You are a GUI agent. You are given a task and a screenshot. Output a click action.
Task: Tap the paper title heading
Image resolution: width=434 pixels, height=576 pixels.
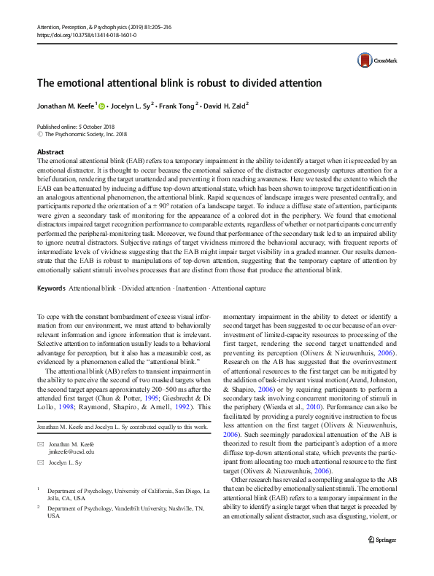pyautogui.click(x=179, y=83)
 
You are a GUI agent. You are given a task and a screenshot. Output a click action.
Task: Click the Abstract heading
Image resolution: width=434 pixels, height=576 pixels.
pyautogui.click(x=50, y=152)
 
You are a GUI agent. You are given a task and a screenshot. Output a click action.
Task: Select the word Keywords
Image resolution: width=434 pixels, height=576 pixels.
pyautogui.click(x=52, y=289)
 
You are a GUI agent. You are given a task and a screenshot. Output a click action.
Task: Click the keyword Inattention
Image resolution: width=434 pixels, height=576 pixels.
pyautogui.click(x=190, y=289)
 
